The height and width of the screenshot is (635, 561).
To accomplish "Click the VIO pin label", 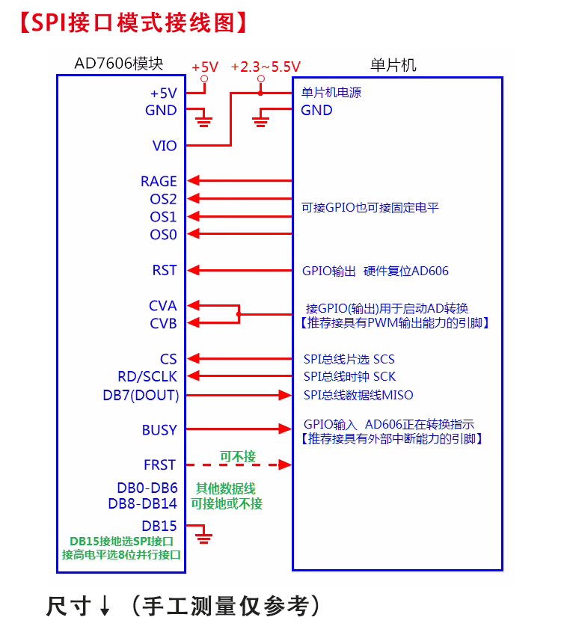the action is point(165,145).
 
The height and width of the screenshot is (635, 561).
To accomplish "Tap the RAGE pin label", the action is point(159,181).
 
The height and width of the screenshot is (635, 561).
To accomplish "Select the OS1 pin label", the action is point(163,217).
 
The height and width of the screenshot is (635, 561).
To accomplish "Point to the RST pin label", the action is point(165,270).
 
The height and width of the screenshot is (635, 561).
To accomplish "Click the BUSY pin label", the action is point(159,429).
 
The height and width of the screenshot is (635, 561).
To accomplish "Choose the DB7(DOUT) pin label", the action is point(141,395).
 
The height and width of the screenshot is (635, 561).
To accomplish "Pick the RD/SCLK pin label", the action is point(147,376).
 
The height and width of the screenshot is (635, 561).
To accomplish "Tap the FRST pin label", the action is point(159,464).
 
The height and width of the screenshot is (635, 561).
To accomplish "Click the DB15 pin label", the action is point(159,526).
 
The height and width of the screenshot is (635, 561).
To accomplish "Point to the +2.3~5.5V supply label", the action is point(266,67).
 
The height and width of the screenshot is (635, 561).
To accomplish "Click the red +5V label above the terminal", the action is point(205,67).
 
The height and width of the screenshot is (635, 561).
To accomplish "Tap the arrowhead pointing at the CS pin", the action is point(193,358).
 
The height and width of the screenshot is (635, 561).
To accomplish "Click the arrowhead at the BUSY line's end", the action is point(285,429).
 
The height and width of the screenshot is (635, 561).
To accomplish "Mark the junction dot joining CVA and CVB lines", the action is point(239,314).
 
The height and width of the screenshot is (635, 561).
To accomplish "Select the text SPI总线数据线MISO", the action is point(358,395).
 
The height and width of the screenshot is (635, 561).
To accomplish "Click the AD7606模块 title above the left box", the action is point(119,64).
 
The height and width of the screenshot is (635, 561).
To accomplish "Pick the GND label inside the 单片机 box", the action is point(316,110).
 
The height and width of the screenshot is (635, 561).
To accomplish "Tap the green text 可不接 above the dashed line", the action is point(238,456).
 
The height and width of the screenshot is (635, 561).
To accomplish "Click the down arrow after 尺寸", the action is point(105,605).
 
